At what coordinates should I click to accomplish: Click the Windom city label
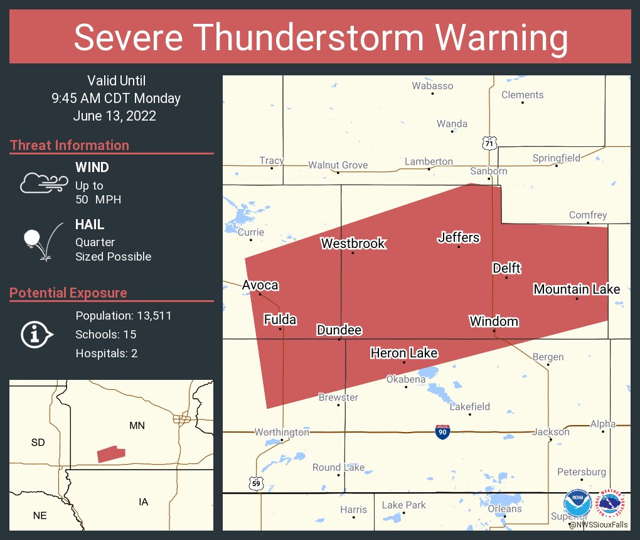494,321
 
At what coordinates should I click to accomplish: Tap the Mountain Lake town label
577,289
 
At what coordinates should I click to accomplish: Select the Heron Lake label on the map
403,353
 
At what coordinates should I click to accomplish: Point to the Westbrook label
353,243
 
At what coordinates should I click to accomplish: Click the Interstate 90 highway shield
442,431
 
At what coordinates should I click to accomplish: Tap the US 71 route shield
489,143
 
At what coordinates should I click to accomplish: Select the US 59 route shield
256,483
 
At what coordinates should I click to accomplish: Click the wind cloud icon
43,182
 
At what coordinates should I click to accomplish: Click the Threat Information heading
70,145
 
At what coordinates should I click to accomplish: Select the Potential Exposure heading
68,293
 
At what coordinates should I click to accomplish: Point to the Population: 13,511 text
123,315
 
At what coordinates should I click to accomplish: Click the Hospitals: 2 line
106,353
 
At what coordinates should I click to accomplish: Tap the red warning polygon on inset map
111,453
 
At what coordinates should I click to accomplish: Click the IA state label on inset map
143,501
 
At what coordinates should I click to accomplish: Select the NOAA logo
577,504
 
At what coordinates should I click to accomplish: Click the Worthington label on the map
282,432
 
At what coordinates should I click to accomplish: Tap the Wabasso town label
432,86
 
